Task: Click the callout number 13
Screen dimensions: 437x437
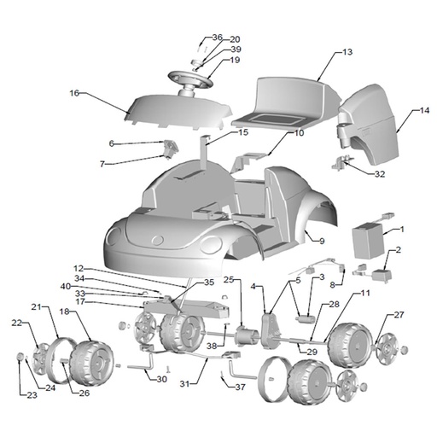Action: pyautogui.click(x=347, y=52)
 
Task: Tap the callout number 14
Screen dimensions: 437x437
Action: pyautogui.click(x=424, y=110)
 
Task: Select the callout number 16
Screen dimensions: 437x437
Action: pyautogui.click(x=74, y=93)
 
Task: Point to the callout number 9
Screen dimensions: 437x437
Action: pyautogui.click(x=322, y=242)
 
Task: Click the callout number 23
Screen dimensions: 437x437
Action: pyautogui.click(x=32, y=395)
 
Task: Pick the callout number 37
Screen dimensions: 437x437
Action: pyautogui.click(x=240, y=387)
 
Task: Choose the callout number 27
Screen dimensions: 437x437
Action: pyautogui.click(x=399, y=315)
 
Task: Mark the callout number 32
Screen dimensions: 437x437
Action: pyautogui.click(x=380, y=174)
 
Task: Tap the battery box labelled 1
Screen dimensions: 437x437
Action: pyautogui.click(x=368, y=241)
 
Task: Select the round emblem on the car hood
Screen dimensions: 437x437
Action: pyautogui.click(x=158, y=241)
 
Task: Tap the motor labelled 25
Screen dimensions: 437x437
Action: pyautogui.click(x=246, y=336)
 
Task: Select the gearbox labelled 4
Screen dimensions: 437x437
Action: pyautogui.click(x=271, y=330)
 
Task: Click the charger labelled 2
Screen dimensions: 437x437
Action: pyautogui.click(x=382, y=275)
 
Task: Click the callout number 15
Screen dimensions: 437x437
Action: pyautogui.click(x=243, y=132)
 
